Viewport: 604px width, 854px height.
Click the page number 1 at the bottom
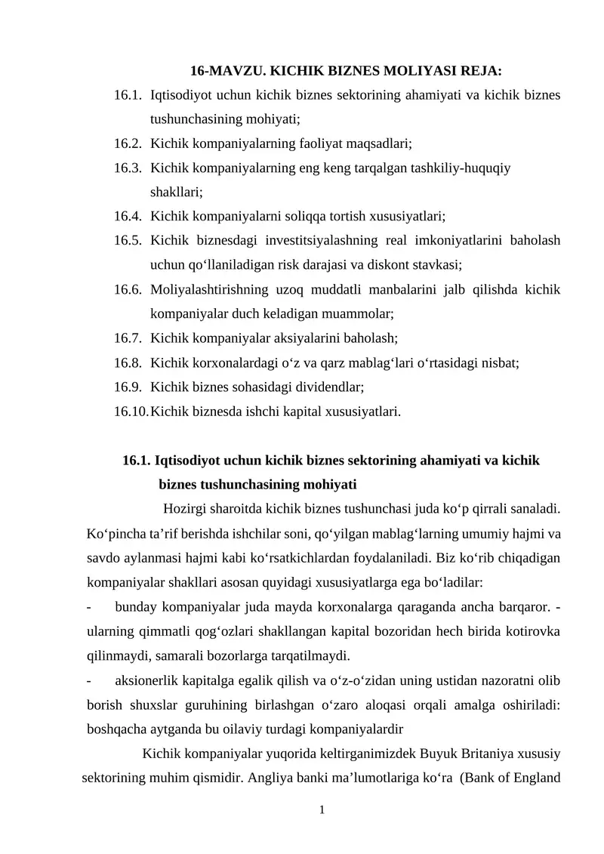(322, 810)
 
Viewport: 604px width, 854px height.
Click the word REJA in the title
(481, 72)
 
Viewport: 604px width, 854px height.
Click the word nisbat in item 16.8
(498, 363)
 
